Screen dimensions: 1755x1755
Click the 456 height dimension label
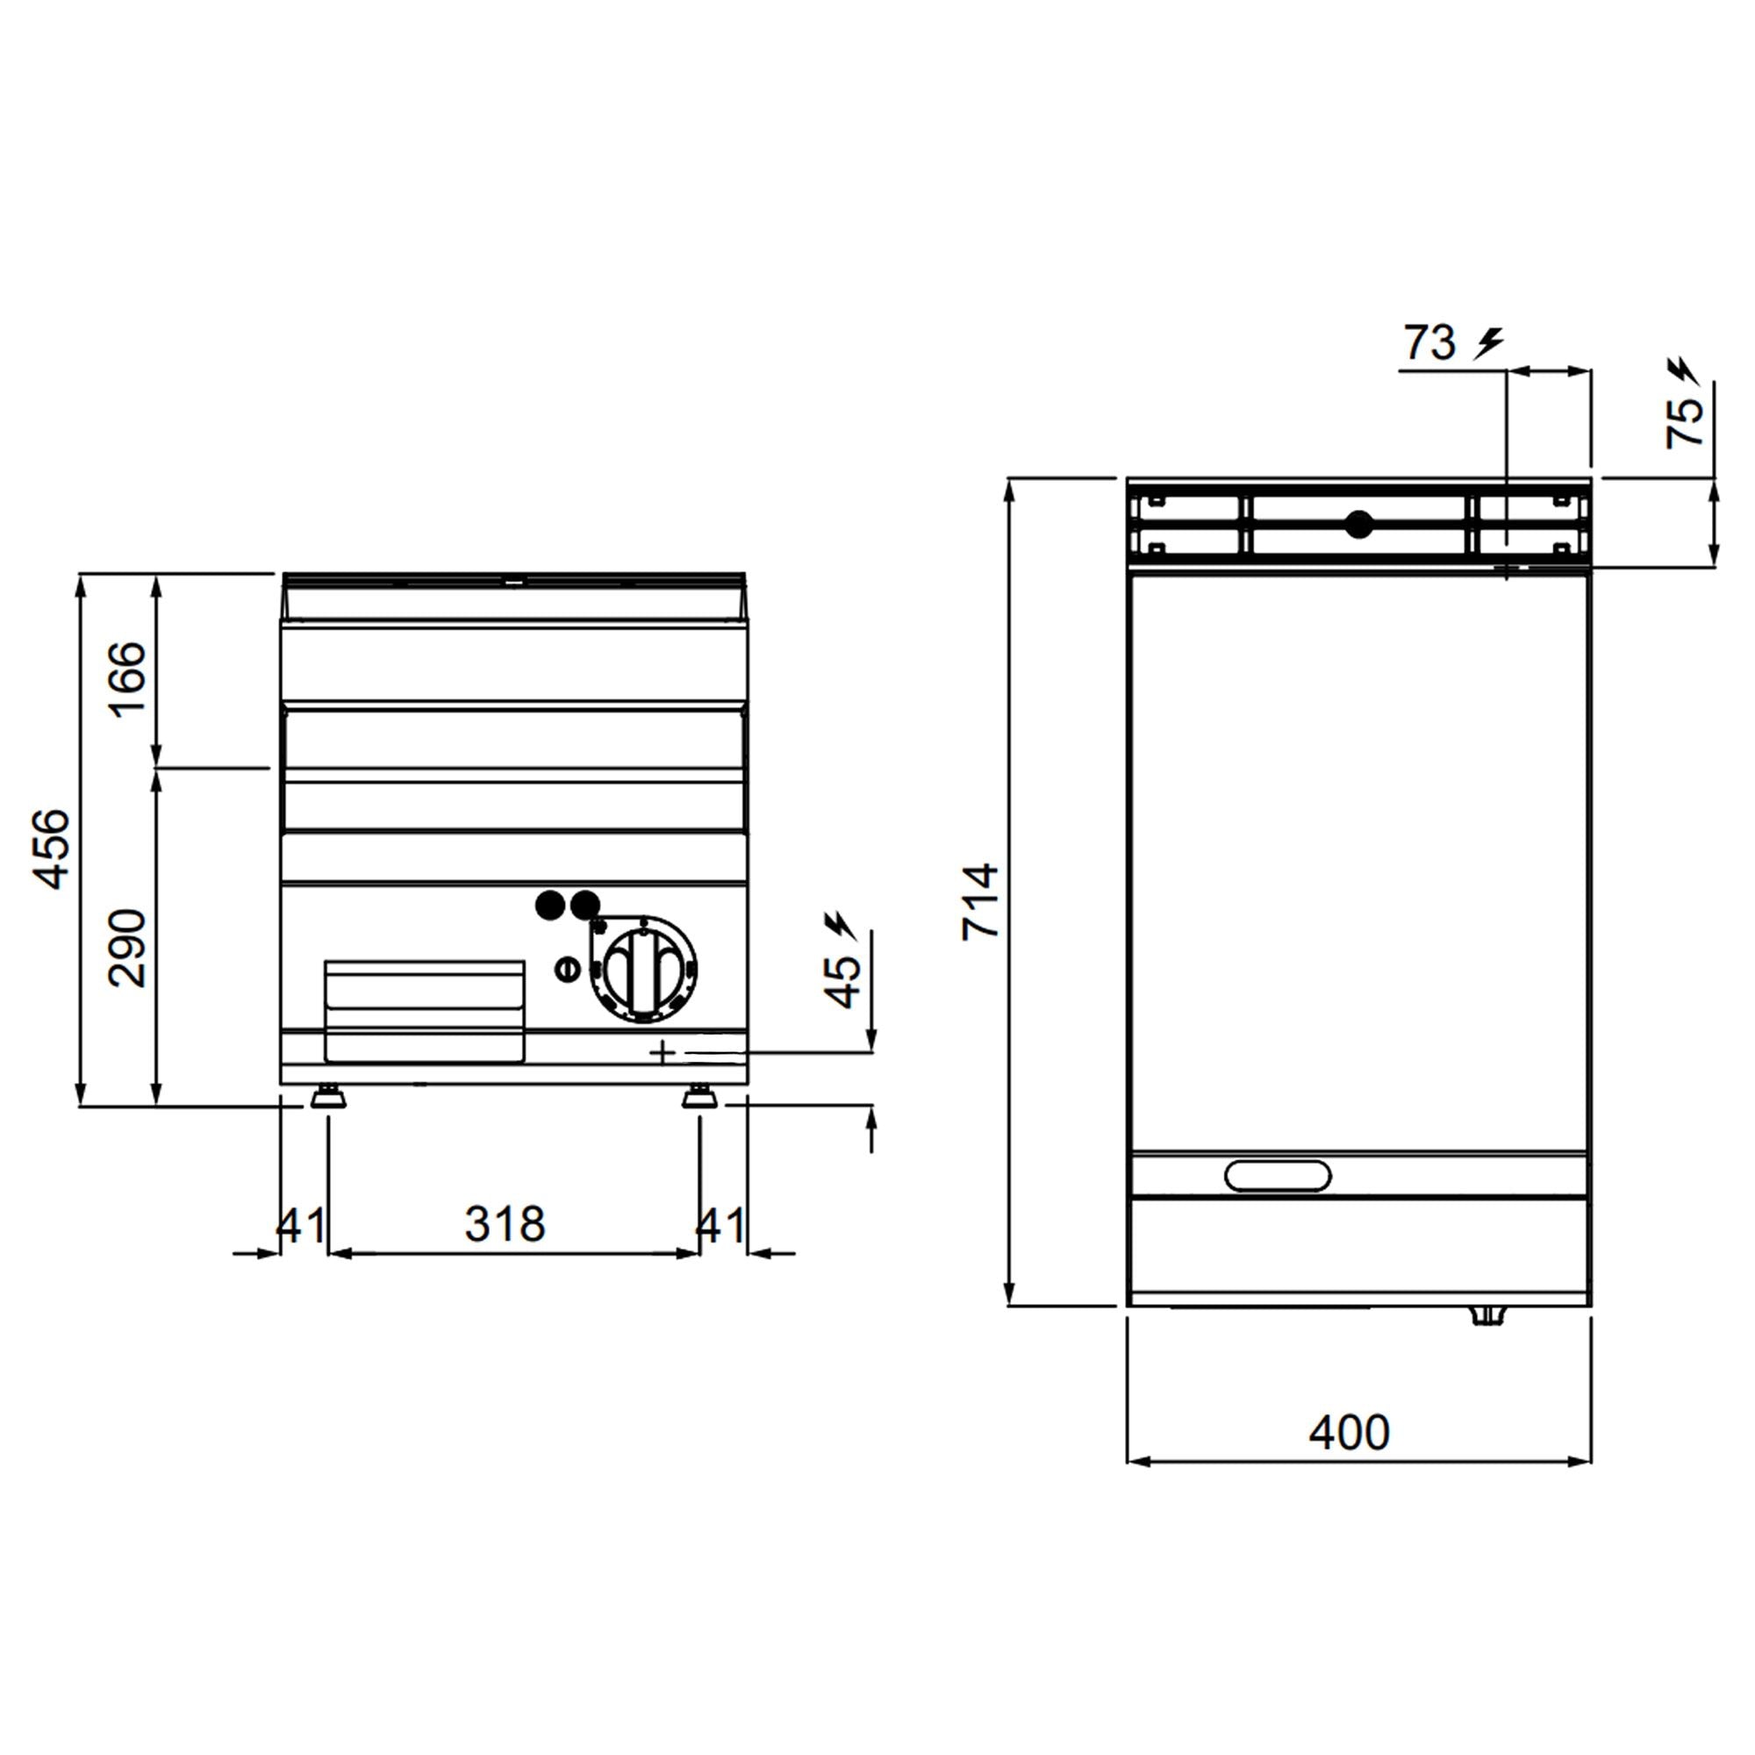tap(52, 848)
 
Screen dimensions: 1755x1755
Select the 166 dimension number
tap(128, 679)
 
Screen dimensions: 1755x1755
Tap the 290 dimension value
tap(128, 948)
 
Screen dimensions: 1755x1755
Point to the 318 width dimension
tap(505, 1224)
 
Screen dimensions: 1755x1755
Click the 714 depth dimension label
tap(981, 901)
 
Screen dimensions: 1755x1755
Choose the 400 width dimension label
tap(1349, 1434)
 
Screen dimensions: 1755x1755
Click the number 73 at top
tap(1429, 343)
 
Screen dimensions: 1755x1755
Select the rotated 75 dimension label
tap(1684, 422)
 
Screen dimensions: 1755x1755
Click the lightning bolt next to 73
tap(1488, 343)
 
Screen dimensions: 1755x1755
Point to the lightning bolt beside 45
tap(838, 925)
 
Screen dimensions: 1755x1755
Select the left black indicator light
tap(548, 905)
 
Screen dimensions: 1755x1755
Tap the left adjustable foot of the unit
tap(328, 1098)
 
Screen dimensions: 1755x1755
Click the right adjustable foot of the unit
tap(699, 1098)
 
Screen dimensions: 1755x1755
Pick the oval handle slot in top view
tap(1277, 1176)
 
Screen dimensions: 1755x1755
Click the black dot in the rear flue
tap(1359, 524)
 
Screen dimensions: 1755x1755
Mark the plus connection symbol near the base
tap(663, 1052)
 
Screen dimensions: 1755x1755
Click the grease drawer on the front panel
tap(424, 1010)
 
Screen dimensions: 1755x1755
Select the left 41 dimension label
tap(300, 1225)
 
